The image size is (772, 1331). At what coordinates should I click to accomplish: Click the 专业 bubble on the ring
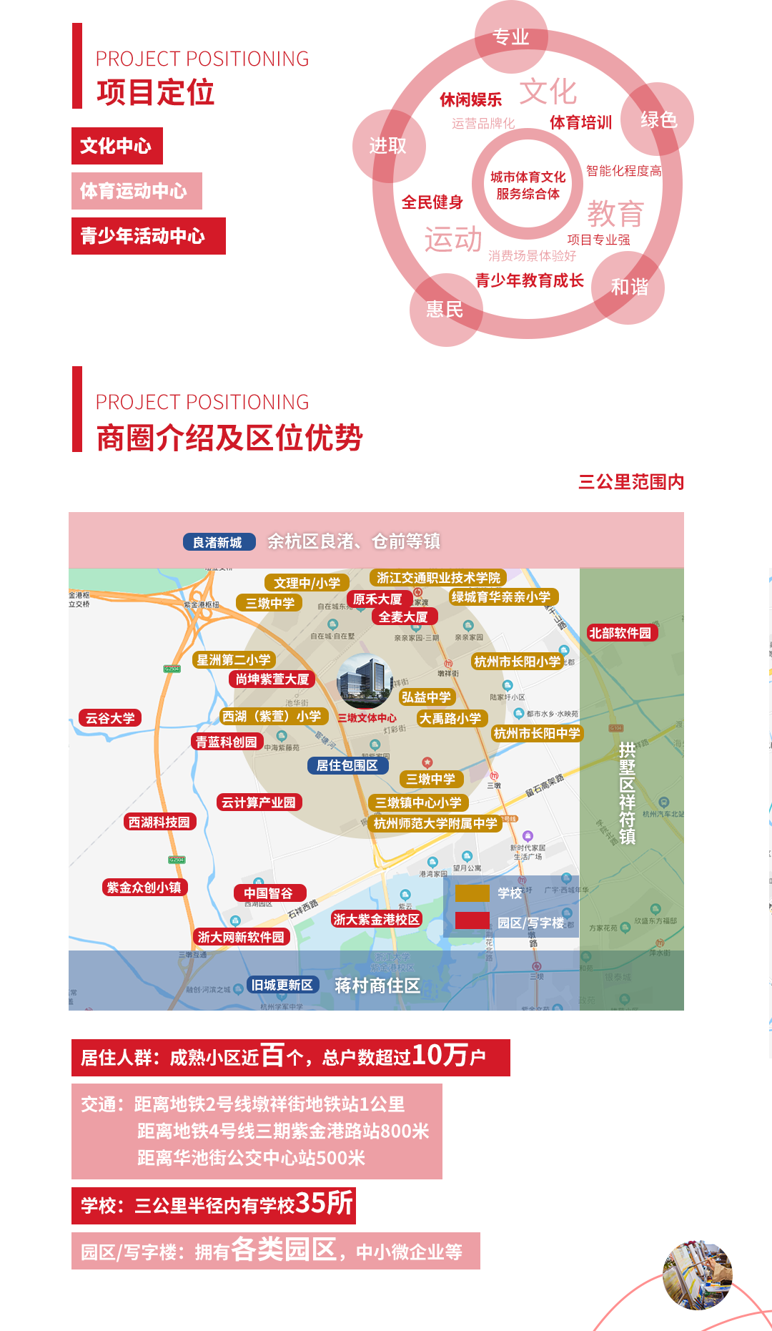coord(511,37)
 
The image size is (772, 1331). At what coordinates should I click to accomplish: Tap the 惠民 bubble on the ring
coord(445,310)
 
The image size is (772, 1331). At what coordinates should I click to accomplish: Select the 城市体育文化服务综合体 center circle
coord(528,185)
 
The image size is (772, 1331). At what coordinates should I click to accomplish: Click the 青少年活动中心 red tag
coord(148,236)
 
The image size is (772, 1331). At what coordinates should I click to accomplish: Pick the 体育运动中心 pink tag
coord(137,191)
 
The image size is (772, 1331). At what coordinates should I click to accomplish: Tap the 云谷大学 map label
coord(110,718)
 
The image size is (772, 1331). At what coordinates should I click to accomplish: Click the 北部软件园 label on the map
coord(620,633)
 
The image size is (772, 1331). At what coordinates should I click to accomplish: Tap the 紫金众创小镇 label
coord(144,888)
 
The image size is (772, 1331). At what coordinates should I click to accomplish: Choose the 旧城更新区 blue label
coord(282,985)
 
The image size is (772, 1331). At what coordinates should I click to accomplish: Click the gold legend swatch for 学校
coord(472,893)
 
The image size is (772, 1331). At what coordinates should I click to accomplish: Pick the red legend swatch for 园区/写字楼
coord(472,921)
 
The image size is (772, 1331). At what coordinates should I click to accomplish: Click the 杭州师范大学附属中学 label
coord(435,823)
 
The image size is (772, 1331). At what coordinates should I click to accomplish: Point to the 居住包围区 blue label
coord(347,765)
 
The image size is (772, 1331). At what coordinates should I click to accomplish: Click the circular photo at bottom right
coord(697,1275)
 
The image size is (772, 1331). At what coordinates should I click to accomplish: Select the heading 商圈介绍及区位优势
coord(229,438)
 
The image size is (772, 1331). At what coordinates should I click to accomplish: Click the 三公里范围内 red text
coord(631,482)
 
